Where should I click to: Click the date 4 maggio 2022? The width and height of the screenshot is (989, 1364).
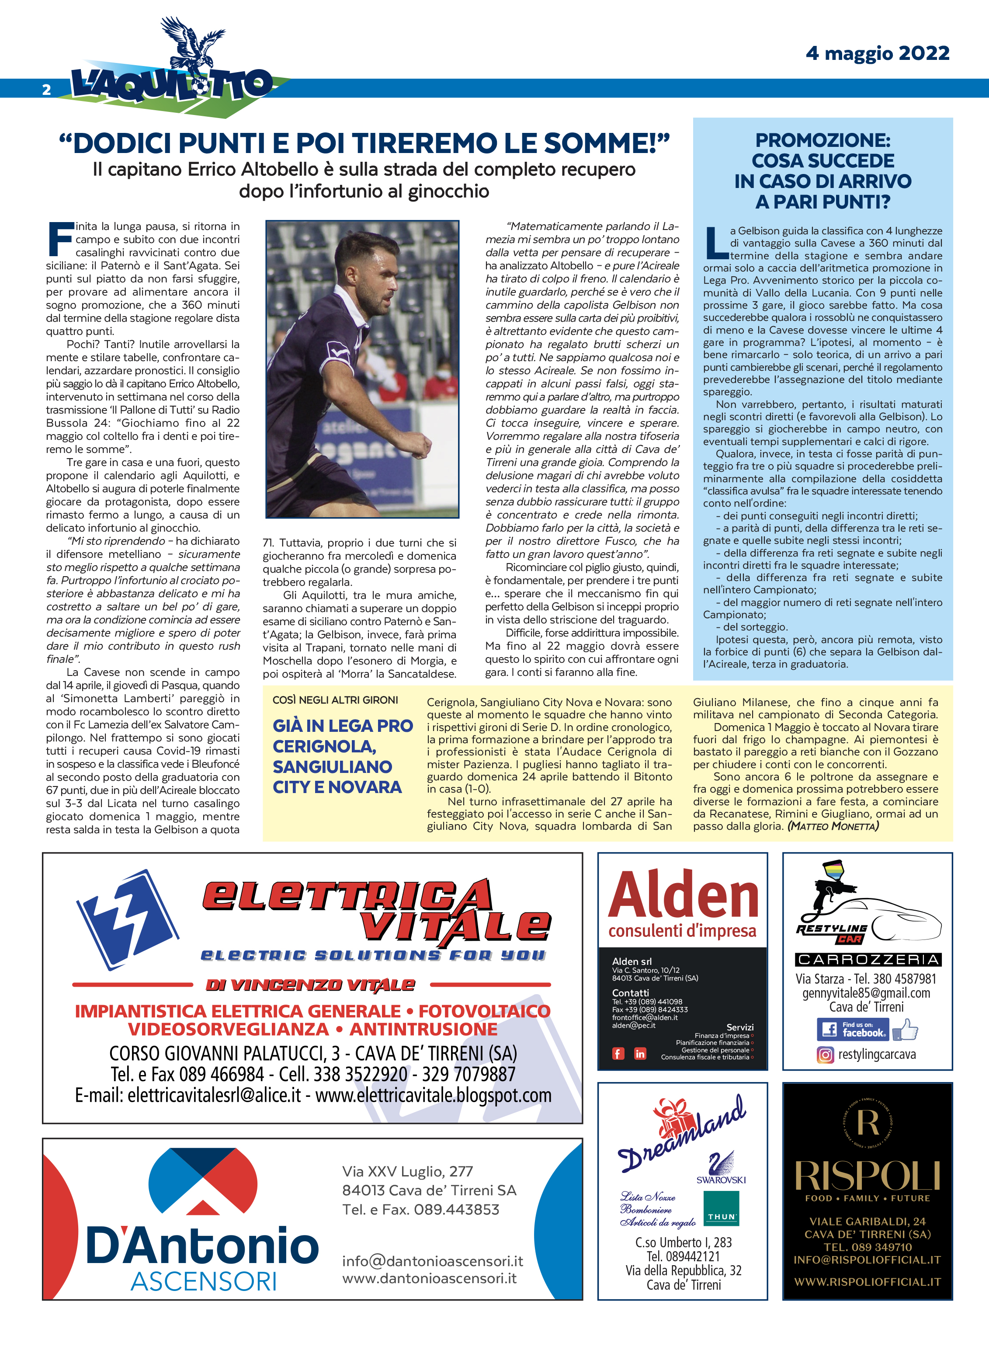click(877, 53)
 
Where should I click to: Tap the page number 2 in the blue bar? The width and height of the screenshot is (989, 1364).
click(46, 90)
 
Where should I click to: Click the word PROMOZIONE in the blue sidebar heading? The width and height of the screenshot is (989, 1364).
click(822, 141)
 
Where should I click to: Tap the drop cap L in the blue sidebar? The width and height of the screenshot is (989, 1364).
click(715, 244)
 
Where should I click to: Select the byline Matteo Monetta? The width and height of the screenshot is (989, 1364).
click(833, 826)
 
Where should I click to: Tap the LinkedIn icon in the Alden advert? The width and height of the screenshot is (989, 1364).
click(640, 1054)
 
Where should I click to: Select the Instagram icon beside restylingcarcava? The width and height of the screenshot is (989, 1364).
click(825, 1055)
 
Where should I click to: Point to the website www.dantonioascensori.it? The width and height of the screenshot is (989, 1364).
click(429, 1278)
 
